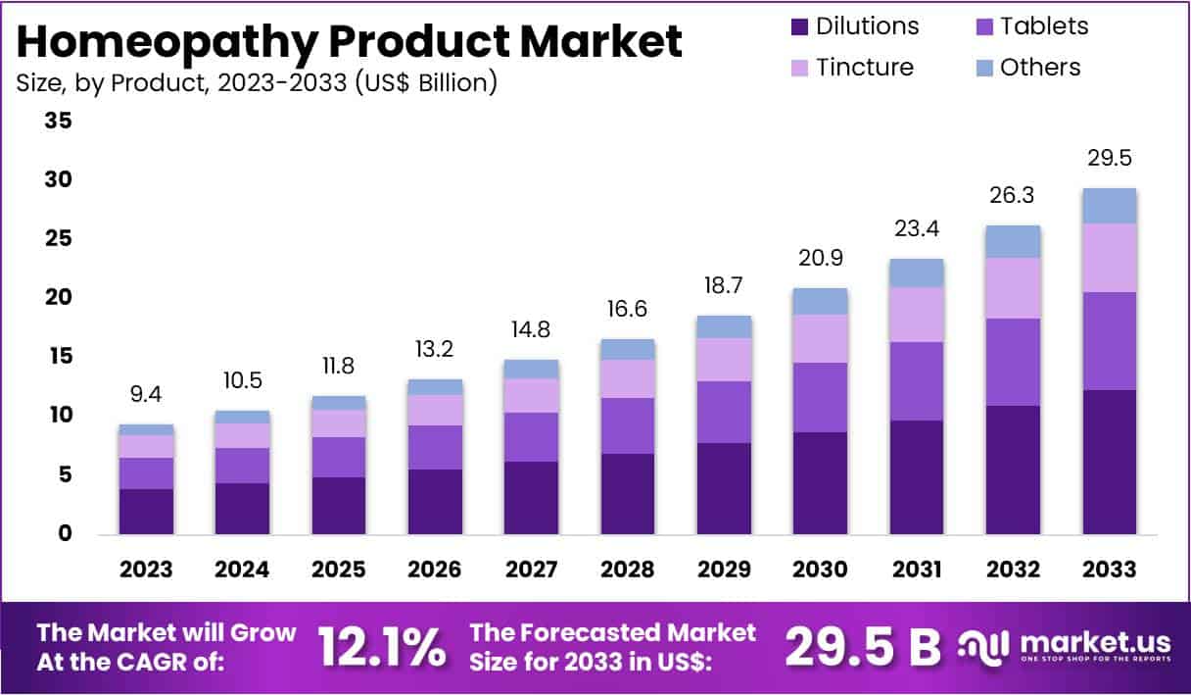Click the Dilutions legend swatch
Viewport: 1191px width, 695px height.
click(x=800, y=25)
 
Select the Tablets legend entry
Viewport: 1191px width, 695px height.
click(x=1043, y=25)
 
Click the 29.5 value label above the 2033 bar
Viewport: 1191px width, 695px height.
click(x=1110, y=159)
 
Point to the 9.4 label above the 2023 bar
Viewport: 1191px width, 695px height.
click(x=146, y=395)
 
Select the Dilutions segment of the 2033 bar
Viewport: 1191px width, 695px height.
click(x=1110, y=462)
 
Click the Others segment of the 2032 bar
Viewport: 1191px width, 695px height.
click(x=1013, y=241)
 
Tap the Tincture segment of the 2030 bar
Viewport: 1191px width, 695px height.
click(x=821, y=338)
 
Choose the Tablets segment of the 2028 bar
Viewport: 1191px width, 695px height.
click(x=628, y=425)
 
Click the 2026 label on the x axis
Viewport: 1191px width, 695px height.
click(x=435, y=570)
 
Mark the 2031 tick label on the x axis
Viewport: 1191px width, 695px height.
click(x=917, y=570)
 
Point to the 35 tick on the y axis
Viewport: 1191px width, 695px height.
click(x=58, y=122)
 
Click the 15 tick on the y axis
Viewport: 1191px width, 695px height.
click(x=58, y=357)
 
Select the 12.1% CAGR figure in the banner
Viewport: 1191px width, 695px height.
click(x=381, y=647)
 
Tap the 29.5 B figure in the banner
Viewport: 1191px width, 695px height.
click(x=862, y=647)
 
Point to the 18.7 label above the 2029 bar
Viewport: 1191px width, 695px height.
click(x=724, y=285)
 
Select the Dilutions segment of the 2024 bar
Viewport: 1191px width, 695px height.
click(x=242, y=509)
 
